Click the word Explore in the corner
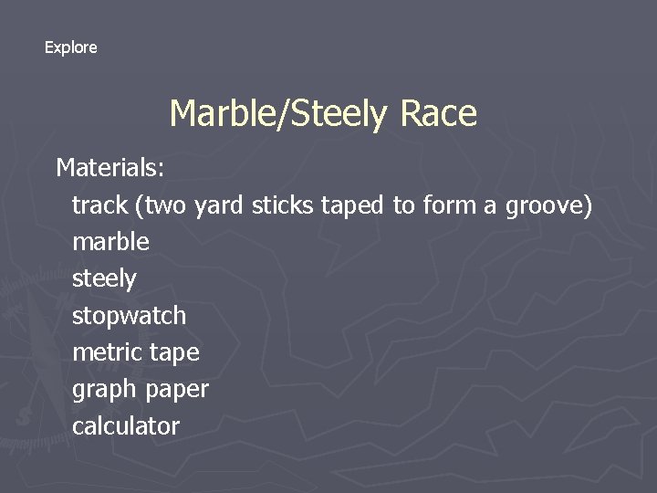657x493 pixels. click(70, 47)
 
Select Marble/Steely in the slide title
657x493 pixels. click(278, 115)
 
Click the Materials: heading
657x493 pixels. click(109, 168)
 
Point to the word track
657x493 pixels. click(99, 205)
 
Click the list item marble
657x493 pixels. click(110, 242)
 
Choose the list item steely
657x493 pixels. click(104, 279)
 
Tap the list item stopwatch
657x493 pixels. click(129, 316)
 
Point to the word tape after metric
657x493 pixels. click(174, 353)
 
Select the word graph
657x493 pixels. click(103, 390)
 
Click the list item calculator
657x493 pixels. click(126, 425)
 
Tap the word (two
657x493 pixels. click(161, 206)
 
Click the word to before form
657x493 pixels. click(403, 205)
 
